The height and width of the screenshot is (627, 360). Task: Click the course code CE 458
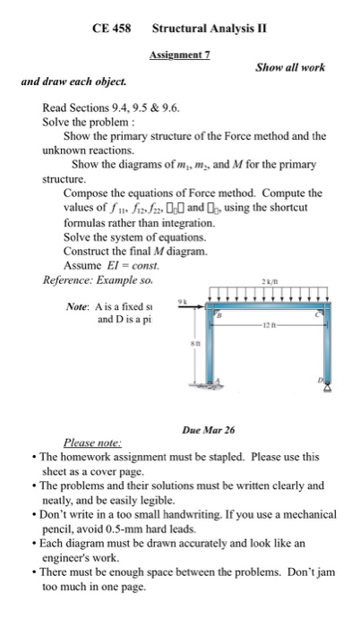coord(112,28)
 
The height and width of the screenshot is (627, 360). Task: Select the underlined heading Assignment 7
coord(179,55)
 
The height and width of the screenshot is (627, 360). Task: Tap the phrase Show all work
coord(290,68)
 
